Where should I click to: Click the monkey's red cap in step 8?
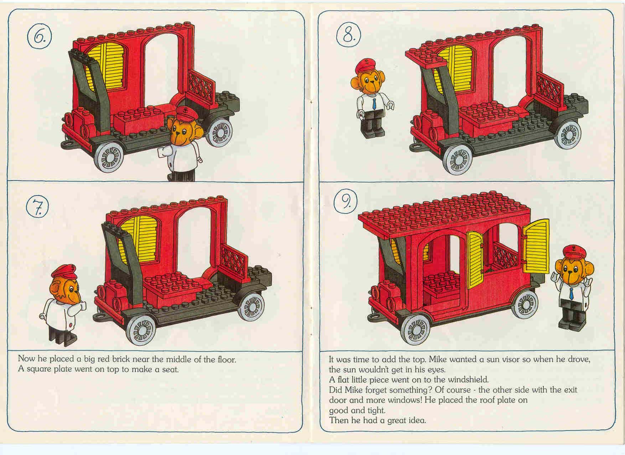click(x=367, y=65)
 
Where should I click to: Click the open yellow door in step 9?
click(x=536, y=246)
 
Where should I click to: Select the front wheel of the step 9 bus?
click(x=416, y=329)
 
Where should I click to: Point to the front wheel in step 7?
click(x=141, y=330)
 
